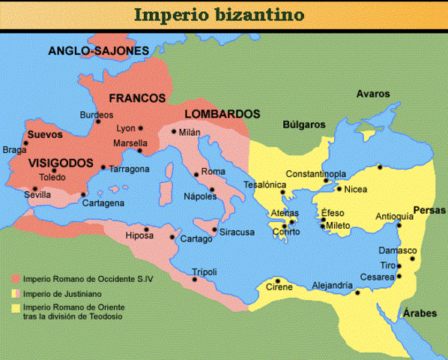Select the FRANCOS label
pos(136,98)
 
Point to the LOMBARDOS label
pos(222,114)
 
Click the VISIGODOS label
pos(61,163)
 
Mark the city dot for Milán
pos(174,132)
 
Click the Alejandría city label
pos(332,285)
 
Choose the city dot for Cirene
pos(276,280)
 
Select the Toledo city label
pos(52,178)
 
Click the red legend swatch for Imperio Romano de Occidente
pos(15,278)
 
